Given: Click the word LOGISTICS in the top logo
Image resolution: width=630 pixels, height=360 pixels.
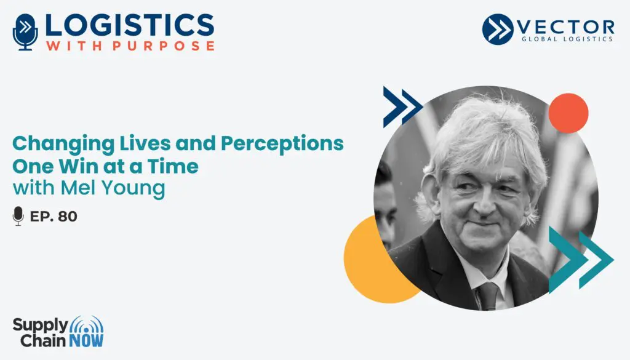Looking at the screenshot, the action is (x=129, y=25).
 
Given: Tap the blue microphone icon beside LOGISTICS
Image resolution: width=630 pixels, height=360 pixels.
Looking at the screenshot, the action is (x=25, y=32).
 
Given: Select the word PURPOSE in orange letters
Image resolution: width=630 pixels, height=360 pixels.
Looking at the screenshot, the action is (x=164, y=46).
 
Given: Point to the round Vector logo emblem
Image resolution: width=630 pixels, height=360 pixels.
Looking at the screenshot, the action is (x=497, y=29).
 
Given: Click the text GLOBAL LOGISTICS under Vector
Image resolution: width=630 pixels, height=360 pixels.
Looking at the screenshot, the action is (x=567, y=39).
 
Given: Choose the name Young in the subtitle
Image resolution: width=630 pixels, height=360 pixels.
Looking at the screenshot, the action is (x=133, y=188).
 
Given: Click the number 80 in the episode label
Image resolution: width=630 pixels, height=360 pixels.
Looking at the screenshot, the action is (x=68, y=217).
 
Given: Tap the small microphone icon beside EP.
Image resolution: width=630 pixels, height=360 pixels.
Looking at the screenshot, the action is (x=18, y=216).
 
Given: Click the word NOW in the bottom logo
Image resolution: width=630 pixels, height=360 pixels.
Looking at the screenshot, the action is (x=86, y=340).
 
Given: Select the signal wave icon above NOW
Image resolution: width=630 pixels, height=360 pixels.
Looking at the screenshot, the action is (x=86, y=325).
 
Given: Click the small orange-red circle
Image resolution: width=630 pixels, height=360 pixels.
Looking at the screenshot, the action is (x=568, y=113).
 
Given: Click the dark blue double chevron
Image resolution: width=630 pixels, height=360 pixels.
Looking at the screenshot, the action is (x=402, y=107).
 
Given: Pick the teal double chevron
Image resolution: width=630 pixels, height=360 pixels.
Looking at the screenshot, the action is (x=581, y=260).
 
